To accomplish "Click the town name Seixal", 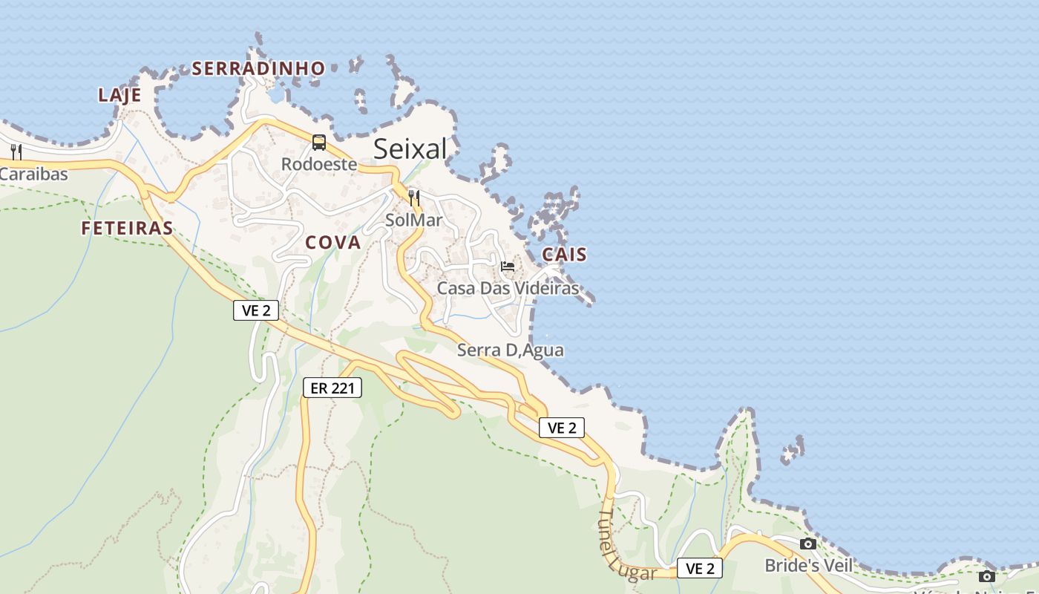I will (410, 149).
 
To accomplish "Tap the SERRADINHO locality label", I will (258, 69).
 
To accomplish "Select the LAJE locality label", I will (119, 95).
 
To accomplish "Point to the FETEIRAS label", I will (127, 228).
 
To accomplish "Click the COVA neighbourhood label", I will (332, 243).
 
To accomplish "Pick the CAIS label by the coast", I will (564, 255).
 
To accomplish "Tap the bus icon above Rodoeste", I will (319, 143).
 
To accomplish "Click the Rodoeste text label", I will (319, 164).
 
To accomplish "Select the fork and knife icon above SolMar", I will (414, 198).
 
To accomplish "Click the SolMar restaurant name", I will (414, 220).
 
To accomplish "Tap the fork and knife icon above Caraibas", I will (16, 152).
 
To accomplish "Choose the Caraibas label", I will (33, 174).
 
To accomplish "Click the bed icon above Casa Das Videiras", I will (508, 266).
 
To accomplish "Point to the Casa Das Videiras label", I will (508, 288).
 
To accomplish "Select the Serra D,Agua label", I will (511, 350).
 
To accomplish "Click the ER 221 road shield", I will (332, 388).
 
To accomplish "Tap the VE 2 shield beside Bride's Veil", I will (700, 569).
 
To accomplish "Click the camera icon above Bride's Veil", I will (808, 544).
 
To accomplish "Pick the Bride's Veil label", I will (809, 566).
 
